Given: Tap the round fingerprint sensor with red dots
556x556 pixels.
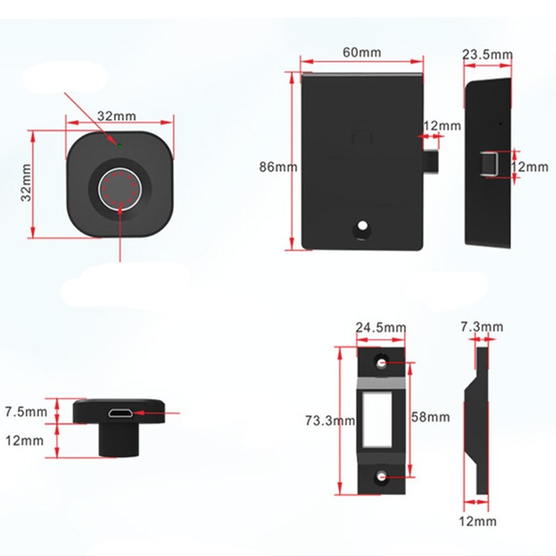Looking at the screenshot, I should click(x=120, y=186).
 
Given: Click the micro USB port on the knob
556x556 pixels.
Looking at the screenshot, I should click(x=120, y=414).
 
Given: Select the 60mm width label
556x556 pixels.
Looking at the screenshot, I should click(x=361, y=52).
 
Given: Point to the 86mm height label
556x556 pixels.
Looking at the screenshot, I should click(x=277, y=167).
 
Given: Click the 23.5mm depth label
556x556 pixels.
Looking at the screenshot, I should click(x=488, y=54).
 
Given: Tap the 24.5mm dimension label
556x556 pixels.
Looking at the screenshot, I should click(x=380, y=327).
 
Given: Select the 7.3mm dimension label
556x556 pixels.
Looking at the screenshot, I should click(x=482, y=327).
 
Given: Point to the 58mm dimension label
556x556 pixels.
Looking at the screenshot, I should click(x=431, y=418).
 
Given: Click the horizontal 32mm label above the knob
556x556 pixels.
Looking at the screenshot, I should click(x=116, y=115).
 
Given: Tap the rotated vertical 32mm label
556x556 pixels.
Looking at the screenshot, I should click(x=26, y=183).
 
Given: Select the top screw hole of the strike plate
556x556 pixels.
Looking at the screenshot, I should click(x=381, y=363).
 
